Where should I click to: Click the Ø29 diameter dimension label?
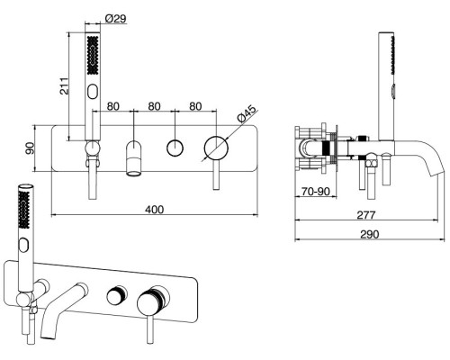[116, 19]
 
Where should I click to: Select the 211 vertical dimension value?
[64, 86]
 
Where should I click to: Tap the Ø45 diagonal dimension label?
[247, 113]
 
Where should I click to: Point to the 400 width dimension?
[155, 210]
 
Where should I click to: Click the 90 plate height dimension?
[31, 148]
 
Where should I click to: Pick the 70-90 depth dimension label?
[316, 192]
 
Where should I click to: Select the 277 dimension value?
[366, 215]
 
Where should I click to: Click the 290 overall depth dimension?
[370, 234]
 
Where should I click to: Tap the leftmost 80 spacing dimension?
[113, 106]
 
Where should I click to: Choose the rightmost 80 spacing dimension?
[195, 106]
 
